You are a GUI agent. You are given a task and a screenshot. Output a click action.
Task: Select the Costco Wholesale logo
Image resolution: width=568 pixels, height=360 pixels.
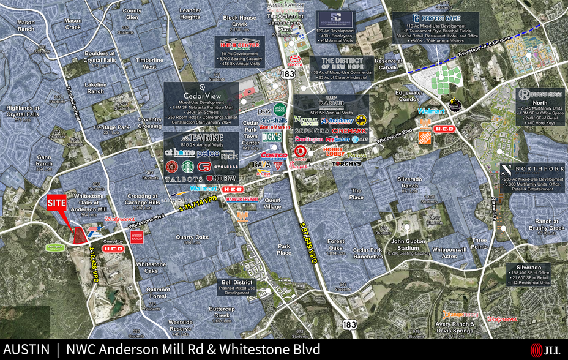[x=274, y=156]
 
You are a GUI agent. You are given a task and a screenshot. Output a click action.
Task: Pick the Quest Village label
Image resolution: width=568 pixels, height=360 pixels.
[x=273, y=203]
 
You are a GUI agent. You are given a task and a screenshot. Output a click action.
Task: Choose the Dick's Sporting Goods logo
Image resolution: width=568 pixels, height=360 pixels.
[x=271, y=137]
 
